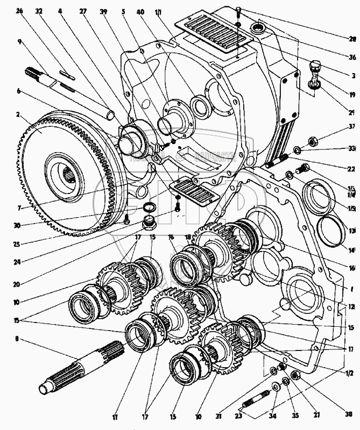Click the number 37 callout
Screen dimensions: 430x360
point(351,127)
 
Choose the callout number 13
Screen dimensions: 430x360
point(352,232)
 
